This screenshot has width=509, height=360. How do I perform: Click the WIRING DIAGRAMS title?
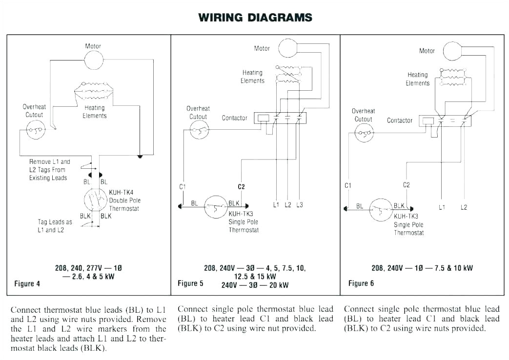(x=255, y=18)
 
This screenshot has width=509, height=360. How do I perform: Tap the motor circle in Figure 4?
(x=93, y=60)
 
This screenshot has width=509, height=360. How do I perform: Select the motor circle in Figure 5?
(x=288, y=48)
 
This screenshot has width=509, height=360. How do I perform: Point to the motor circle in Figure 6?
(x=452, y=51)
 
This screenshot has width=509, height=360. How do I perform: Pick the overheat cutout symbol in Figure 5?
(x=200, y=130)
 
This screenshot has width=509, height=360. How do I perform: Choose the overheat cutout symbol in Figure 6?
(x=365, y=133)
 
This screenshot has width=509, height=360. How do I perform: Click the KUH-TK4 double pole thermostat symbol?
(x=95, y=200)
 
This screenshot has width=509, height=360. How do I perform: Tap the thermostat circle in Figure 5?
(x=216, y=206)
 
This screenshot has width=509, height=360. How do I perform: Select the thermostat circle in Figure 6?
(x=381, y=209)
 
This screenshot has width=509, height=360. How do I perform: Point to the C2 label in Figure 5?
(x=241, y=187)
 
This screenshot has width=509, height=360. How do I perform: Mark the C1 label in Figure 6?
(x=347, y=185)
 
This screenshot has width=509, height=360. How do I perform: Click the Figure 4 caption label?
(x=27, y=284)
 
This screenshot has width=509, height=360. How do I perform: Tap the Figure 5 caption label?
(x=190, y=283)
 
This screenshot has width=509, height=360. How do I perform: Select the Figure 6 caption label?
(x=361, y=283)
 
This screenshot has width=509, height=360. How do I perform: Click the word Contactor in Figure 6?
(x=400, y=120)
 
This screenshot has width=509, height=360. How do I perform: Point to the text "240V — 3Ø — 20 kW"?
(x=255, y=285)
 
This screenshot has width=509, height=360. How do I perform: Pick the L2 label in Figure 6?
(x=464, y=207)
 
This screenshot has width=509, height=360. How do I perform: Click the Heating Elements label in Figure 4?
(x=94, y=112)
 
